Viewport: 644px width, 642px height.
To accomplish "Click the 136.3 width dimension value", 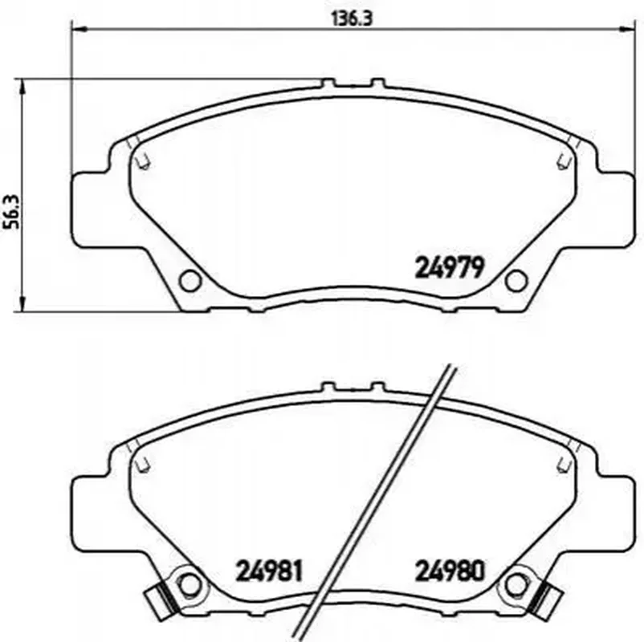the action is pos(352,19).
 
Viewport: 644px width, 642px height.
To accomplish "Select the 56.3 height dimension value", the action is pos(12,212).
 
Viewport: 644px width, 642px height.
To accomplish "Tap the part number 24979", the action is pos(450,268).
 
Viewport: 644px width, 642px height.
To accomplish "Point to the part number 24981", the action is pos(269,571).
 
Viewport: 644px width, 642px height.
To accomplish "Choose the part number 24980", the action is pos(450,571).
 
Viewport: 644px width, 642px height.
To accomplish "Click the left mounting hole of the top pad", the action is pos(190,281).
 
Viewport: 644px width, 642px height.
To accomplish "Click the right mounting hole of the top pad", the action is pos(516,281).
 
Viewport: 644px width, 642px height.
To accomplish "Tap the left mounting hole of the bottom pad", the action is pos(190,584).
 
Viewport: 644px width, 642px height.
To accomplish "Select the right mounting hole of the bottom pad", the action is pos(516,584).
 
